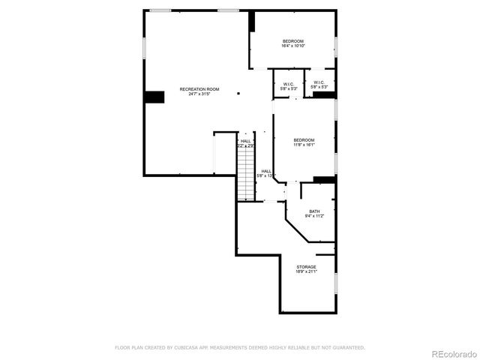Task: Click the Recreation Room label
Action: (199, 89)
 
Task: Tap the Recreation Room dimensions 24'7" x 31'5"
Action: (199, 94)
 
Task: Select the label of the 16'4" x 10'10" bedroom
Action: (292, 40)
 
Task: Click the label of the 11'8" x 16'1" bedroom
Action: (304, 139)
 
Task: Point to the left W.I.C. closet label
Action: (289, 83)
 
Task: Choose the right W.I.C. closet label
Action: (319, 82)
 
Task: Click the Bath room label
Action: (314, 211)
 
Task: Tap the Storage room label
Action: (306, 267)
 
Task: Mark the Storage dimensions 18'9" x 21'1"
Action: (306, 272)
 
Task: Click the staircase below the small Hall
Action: (245, 172)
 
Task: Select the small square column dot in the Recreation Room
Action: (238, 94)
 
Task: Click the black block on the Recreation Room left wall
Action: (154, 97)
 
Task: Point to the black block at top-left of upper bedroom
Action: (252, 21)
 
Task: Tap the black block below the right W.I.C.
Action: (323, 94)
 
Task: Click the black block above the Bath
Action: (324, 179)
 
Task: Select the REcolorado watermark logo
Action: (452, 353)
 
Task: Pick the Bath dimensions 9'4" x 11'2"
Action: (314, 217)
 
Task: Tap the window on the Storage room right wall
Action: (335, 282)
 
